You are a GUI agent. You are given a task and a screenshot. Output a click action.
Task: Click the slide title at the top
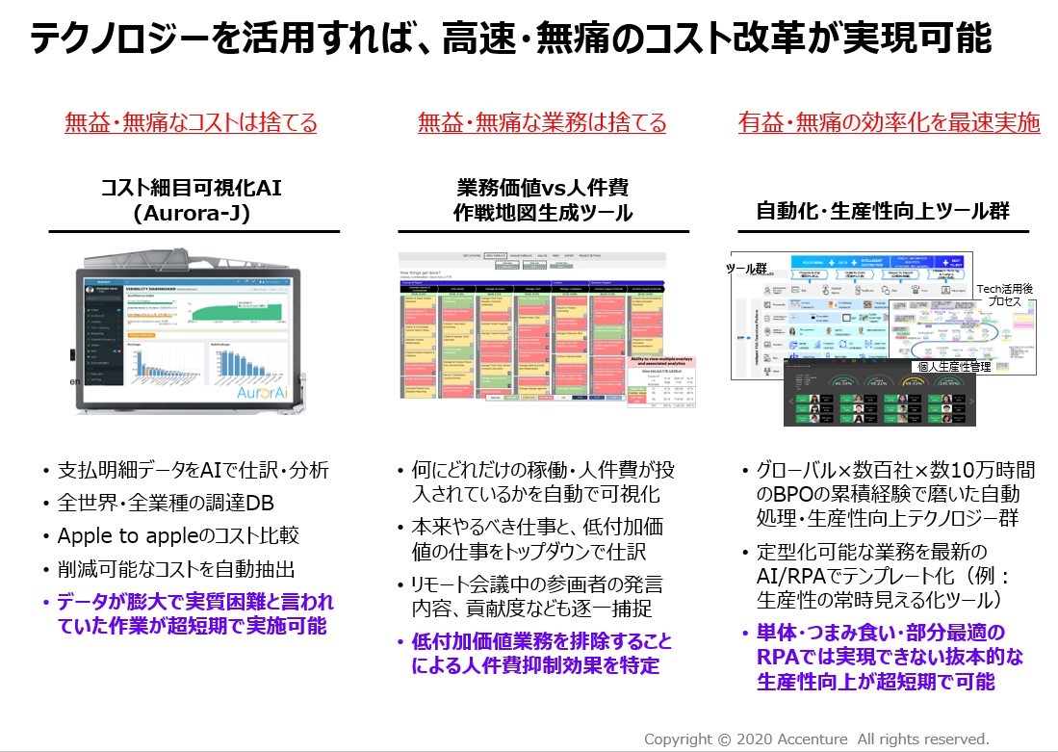[510, 40]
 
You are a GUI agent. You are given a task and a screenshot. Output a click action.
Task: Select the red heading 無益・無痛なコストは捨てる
[191, 123]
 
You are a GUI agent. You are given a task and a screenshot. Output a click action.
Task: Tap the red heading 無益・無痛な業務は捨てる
[542, 123]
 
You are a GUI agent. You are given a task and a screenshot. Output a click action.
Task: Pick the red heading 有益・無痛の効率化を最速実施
[889, 123]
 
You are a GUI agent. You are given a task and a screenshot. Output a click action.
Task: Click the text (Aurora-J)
[192, 214]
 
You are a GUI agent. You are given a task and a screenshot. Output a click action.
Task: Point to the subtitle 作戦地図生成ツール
[543, 214]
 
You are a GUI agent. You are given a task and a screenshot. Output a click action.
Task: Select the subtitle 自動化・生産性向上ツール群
[884, 208]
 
